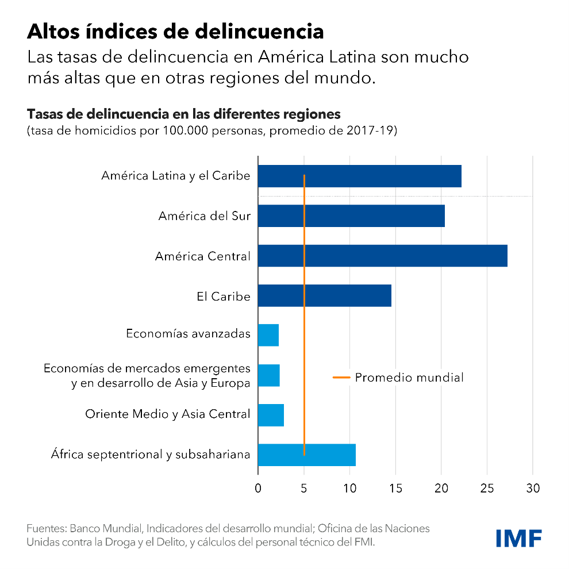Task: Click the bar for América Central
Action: (x=382, y=256)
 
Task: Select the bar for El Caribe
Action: (x=324, y=295)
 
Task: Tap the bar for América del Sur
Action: (x=351, y=216)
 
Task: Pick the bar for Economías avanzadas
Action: (x=268, y=335)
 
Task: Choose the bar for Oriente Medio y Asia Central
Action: (x=271, y=415)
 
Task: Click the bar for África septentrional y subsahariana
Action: (x=306, y=455)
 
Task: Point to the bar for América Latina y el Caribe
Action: (x=359, y=176)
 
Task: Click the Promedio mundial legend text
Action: (x=409, y=378)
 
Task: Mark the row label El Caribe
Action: (x=223, y=297)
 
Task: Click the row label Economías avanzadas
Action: (x=188, y=334)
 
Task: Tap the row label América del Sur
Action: (x=204, y=217)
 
